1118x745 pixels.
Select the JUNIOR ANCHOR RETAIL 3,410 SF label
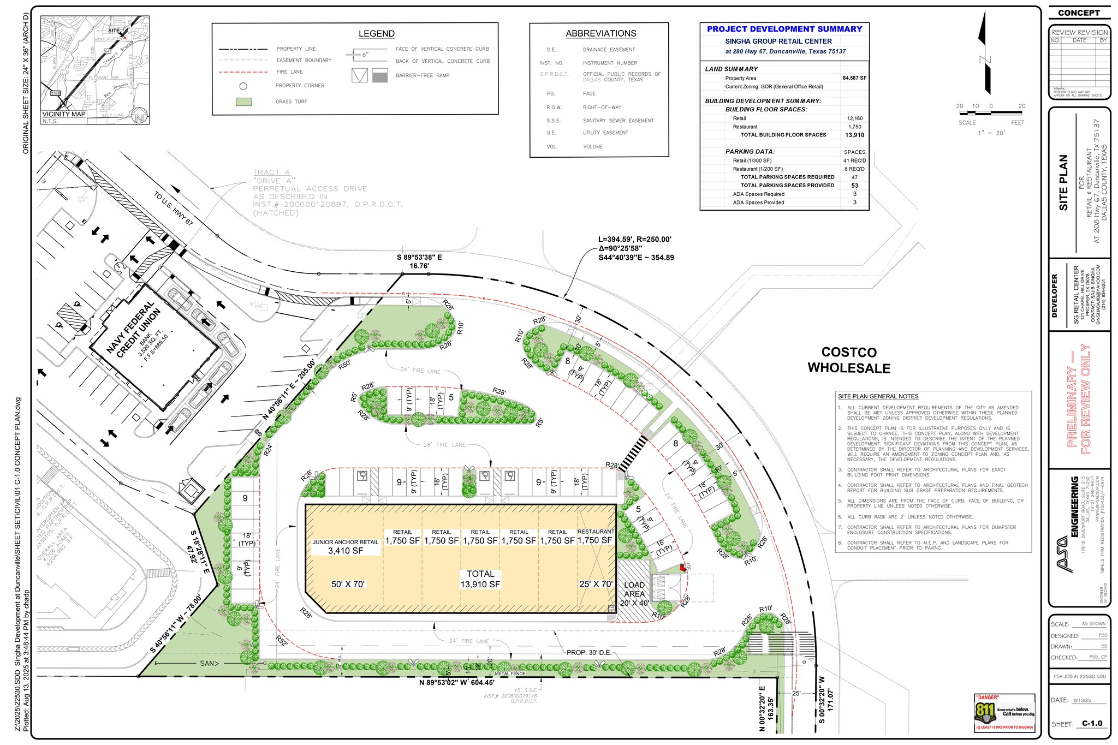[345, 547]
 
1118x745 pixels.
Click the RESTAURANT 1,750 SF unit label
[595, 537]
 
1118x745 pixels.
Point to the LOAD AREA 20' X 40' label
[634, 594]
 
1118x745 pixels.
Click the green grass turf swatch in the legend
[243, 102]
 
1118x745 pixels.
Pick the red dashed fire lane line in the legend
[243, 72]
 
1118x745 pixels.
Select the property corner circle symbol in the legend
[243, 86]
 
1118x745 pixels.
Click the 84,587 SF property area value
[854, 78]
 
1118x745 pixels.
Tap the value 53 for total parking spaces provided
[854, 186]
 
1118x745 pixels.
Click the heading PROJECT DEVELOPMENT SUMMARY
[784, 29]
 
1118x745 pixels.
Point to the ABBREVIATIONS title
[600, 34]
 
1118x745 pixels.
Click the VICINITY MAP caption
[64, 114]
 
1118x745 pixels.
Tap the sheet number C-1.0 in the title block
[1092, 723]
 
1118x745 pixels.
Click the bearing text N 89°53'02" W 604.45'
[456, 682]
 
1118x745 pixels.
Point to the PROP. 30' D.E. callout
[588, 652]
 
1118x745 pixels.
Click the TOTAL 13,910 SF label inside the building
[480, 579]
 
